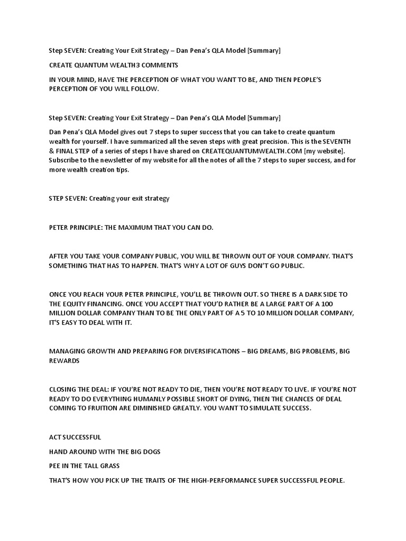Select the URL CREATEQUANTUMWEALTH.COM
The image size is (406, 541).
248,151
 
